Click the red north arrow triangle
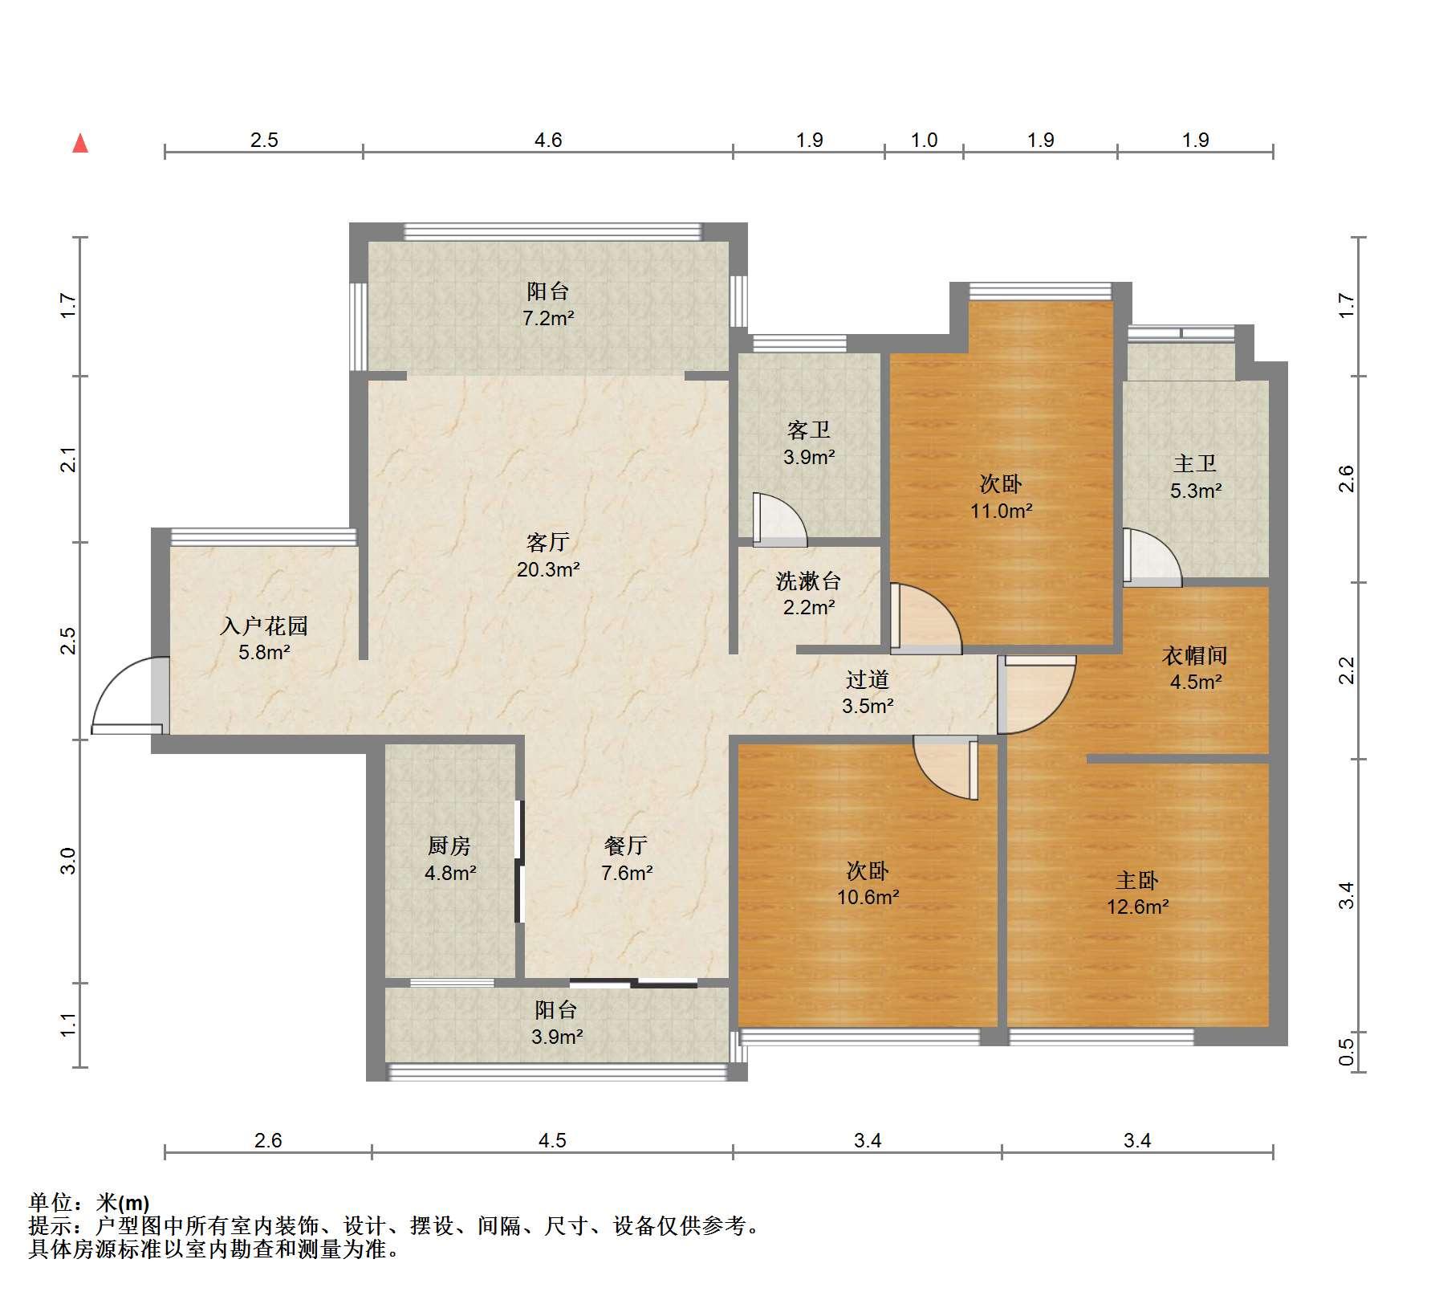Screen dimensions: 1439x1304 pos(80,144)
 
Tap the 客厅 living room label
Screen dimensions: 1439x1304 pos(548,542)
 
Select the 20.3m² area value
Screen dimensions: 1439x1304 pos(548,569)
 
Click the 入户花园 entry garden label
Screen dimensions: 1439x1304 pos(264,626)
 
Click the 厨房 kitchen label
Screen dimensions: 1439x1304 pos(449,846)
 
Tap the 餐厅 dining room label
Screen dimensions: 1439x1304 pos(626,846)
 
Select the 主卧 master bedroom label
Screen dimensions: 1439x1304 pos(1137,880)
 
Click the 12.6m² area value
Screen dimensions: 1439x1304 pos(1138,907)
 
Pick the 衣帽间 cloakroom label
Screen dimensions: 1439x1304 pos(1195,655)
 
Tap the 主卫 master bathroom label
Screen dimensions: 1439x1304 pos(1195,463)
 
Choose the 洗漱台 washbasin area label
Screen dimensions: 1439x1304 pos(808,580)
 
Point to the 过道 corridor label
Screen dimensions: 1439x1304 pos(868,679)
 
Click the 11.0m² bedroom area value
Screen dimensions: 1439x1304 pos(1001,510)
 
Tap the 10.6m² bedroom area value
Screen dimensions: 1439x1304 pos(868,897)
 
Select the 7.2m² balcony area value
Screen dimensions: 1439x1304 pos(548,318)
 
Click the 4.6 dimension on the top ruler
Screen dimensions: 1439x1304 pos(548,140)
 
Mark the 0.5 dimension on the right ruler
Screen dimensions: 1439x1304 pos(1347,1053)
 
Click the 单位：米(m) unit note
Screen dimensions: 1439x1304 pos(89,1203)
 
